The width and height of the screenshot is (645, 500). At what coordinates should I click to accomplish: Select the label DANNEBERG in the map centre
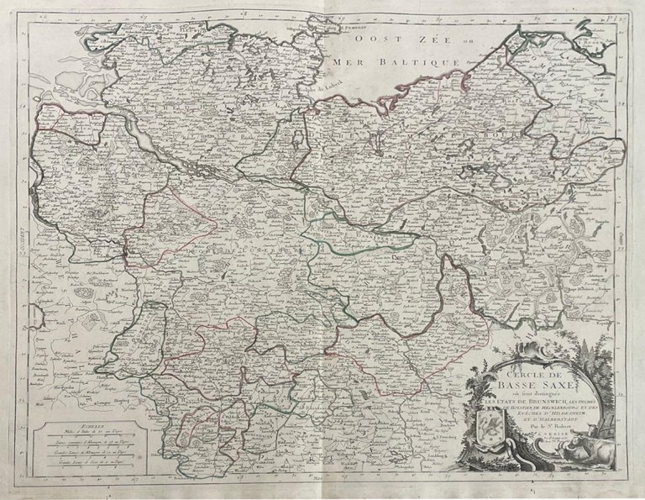357,237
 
